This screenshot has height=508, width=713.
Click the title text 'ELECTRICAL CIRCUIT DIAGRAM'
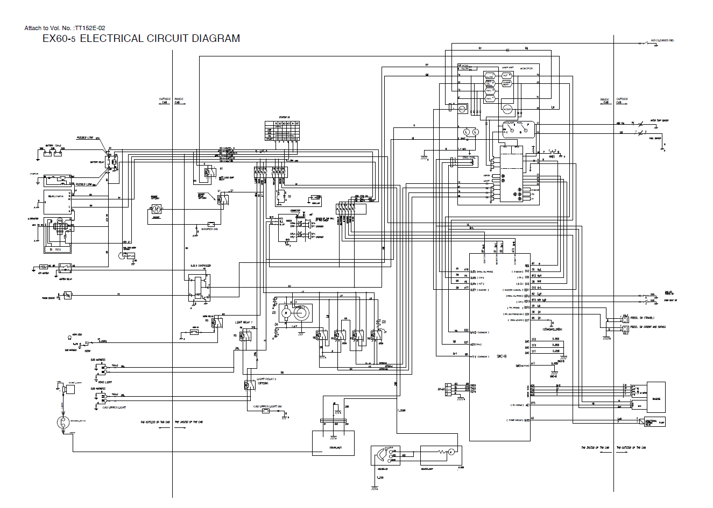159,39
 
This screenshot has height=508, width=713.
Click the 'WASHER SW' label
208,230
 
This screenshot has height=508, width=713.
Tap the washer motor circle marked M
155,208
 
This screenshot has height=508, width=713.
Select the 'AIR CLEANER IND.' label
662,40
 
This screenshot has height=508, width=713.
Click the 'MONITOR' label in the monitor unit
526,69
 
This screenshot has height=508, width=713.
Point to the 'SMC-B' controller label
500,356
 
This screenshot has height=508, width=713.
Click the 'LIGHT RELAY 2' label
266,379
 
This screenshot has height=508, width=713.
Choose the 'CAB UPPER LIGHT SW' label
267,406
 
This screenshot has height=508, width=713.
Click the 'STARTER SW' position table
283,131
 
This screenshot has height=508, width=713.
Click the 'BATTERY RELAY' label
98,162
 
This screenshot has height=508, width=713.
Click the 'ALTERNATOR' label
34,219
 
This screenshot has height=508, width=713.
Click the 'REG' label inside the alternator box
58,249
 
